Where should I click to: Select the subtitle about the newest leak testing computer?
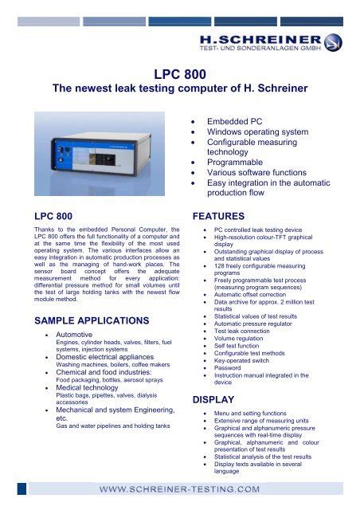point(179,92)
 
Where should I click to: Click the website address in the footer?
point(179,488)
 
